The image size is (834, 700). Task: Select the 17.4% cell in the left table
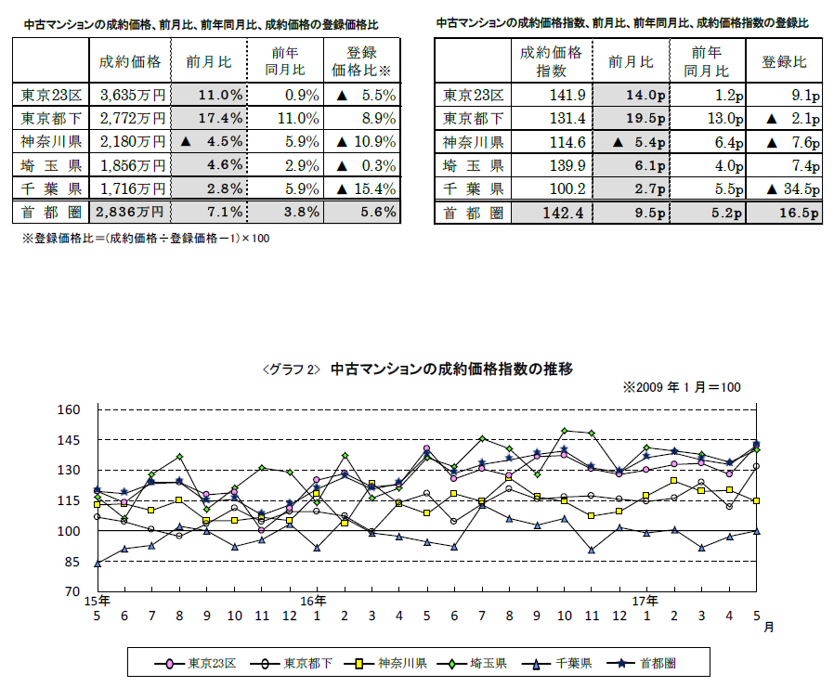(209, 118)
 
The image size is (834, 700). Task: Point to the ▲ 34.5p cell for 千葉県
(787, 188)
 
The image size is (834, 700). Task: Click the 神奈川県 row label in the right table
(473, 142)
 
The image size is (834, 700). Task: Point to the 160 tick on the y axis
(72, 409)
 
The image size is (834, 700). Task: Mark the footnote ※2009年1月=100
(682, 386)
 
